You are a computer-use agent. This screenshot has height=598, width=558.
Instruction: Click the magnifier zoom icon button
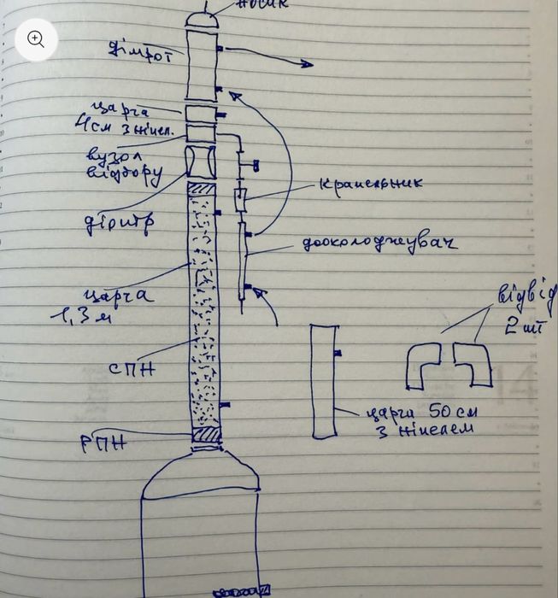click(x=36, y=38)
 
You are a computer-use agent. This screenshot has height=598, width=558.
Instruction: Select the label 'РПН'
click(x=105, y=442)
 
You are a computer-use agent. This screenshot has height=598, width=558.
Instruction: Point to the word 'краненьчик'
click(x=371, y=183)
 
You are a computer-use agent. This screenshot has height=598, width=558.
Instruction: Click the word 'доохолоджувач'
click(x=379, y=243)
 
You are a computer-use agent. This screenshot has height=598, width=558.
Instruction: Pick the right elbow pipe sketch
click(x=473, y=363)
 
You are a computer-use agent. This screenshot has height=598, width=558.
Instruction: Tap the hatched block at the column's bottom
click(x=205, y=436)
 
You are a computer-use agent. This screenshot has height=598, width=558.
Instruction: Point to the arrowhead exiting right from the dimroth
click(x=305, y=64)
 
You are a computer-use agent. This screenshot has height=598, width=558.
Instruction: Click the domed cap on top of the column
click(x=202, y=19)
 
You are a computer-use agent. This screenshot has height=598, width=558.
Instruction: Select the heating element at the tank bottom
click(x=242, y=590)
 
